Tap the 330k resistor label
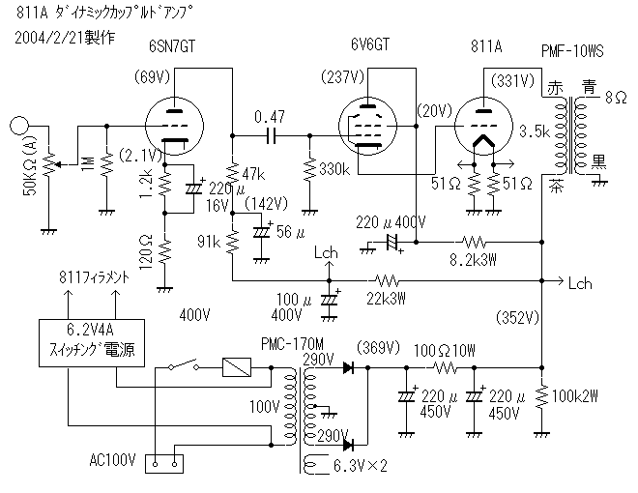pyautogui.click(x=333, y=170)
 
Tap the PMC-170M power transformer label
pyautogui.click(x=292, y=344)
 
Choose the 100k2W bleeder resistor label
pyautogui.click(x=577, y=394)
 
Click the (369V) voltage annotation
pyautogui.click(x=378, y=348)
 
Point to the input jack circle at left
pyautogui.click(x=18, y=126)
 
